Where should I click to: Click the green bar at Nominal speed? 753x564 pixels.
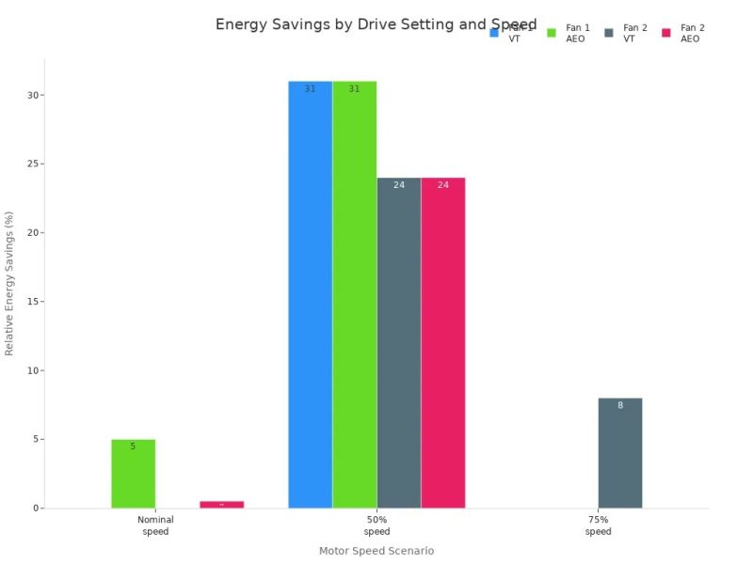click(x=133, y=475)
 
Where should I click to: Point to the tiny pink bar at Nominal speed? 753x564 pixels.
click(x=221, y=505)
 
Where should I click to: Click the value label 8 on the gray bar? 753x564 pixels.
click(x=619, y=406)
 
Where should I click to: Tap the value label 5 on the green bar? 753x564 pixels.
click(x=133, y=446)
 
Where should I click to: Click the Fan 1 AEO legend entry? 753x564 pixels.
click(x=568, y=33)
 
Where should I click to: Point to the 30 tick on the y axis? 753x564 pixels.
click(x=32, y=95)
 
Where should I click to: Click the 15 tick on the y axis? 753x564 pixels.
click(x=32, y=302)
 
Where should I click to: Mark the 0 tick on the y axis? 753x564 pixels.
click(x=35, y=509)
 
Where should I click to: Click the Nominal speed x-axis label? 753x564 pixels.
click(x=155, y=525)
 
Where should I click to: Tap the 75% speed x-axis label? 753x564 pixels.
click(x=598, y=525)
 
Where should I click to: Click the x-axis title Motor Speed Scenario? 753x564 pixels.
click(x=376, y=551)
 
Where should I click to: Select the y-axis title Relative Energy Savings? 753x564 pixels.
click(x=10, y=283)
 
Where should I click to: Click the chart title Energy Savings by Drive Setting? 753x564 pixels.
click(x=376, y=24)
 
